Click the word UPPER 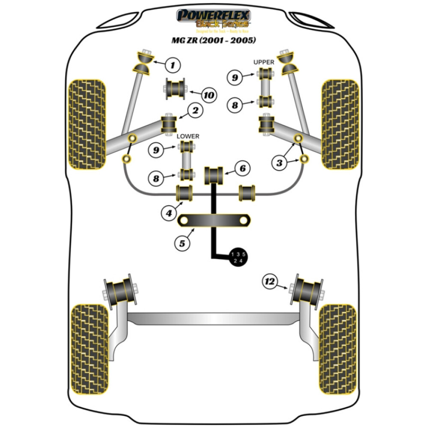pos(264,62)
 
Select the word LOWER pos(188,136)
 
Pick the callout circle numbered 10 pos(208,95)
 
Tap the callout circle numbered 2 pos(195,111)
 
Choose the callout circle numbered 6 pos(242,169)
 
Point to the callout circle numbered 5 pos(182,243)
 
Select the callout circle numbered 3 pos(279,163)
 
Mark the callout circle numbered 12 pos(270,282)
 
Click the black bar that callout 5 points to pos(214,220)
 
